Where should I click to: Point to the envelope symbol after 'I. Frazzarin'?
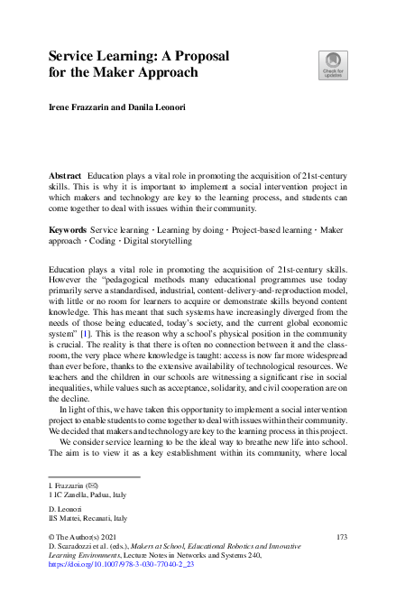click(93, 486)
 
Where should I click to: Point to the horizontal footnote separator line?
click(95, 476)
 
